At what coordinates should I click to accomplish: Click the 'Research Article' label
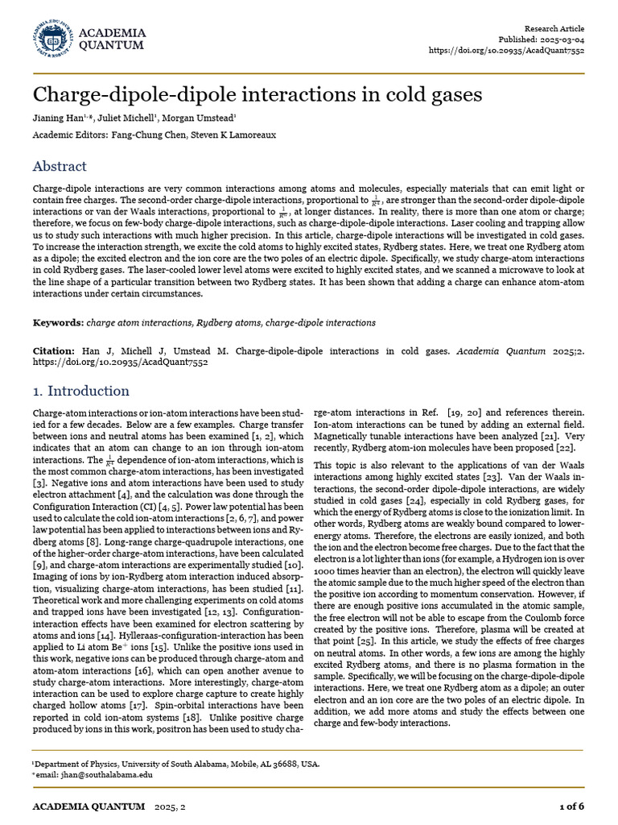click(x=554, y=27)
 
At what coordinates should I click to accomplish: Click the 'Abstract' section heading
click(x=60, y=166)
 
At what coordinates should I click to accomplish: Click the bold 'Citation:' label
click(x=53, y=352)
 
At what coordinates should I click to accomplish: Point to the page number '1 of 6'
click(x=571, y=806)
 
